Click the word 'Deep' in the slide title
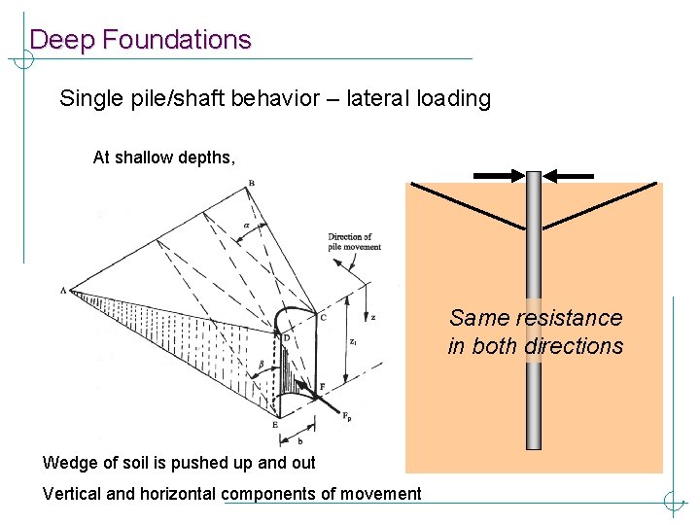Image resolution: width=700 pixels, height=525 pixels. point(62,40)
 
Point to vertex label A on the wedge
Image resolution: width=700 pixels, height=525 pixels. point(63,291)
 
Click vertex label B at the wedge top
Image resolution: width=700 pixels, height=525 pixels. point(252,184)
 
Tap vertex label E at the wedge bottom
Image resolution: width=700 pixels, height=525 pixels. point(274,425)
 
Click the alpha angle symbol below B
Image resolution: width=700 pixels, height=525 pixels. point(246,225)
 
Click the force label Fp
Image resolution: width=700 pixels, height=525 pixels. point(346,416)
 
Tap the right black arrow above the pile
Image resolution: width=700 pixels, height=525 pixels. point(569,176)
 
